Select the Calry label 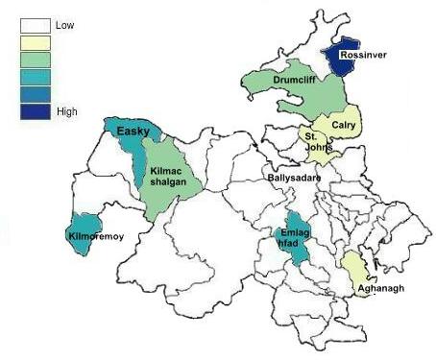click(344, 122)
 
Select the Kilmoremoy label click(96, 235)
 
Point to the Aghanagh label click(376, 288)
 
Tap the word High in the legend click(67, 111)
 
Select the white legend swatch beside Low click(36, 26)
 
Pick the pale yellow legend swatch click(36, 43)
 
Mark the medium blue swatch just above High click(36, 94)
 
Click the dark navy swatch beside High click(36, 111)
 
